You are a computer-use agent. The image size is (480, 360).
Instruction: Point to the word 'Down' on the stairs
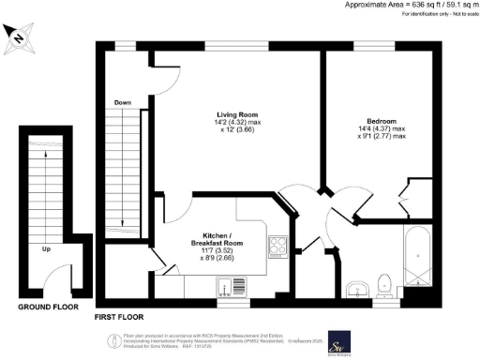coord(123,102)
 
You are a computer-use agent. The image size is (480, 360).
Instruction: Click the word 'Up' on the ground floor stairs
coord(46,249)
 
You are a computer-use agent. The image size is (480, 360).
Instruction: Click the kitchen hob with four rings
coord(278,247)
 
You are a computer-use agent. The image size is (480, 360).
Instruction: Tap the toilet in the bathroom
coord(382,284)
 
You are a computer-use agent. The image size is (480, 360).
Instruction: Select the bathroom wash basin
coord(356,287)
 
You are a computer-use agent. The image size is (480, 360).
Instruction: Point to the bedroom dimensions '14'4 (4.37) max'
coord(382,129)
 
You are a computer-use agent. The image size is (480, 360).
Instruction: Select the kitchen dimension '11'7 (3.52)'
coord(218,251)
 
